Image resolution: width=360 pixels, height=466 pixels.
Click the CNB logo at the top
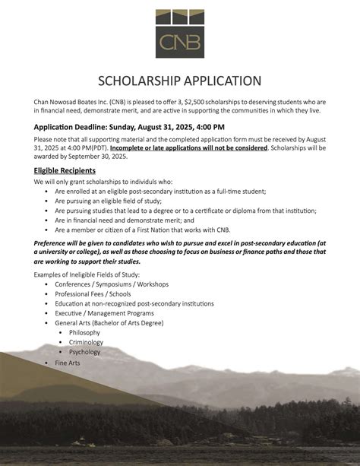(x=179, y=33)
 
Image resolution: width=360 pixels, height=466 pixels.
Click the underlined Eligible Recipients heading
(x=65, y=170)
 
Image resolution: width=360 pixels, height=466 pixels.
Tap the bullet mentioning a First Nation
(x=141, y=229)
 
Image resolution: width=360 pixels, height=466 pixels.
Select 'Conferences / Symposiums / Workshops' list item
(x=112, y=284)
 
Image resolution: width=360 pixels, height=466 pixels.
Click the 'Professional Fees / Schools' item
(x=93, y=293)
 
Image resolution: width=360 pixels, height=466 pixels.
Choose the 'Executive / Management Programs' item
(x=104, y=312)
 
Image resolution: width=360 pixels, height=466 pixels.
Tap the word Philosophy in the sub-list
(x=84, y=332)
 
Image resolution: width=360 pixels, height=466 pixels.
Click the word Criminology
(x=86, y=342)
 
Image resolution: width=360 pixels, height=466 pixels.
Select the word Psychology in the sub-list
(x=84, y=352)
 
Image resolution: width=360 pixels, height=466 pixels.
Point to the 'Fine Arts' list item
(x=68, y=363)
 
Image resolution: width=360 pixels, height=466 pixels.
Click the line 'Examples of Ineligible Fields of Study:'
(x=87, y=274)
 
